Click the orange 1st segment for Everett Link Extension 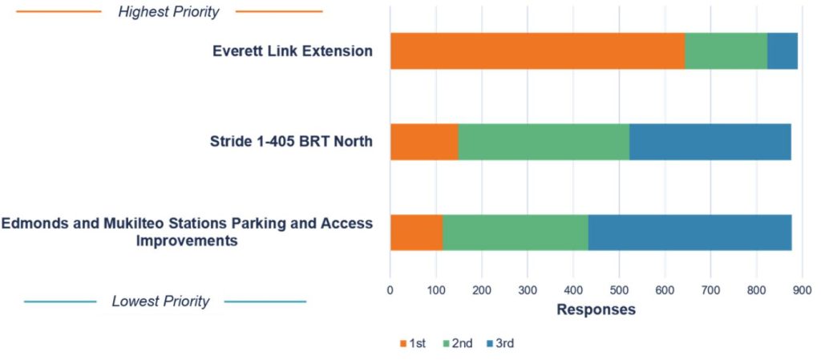(x=537, y=51)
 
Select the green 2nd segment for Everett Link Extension (x=726, y=51)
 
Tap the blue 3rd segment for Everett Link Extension (x=783, y=51)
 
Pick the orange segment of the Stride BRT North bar (x=424, y=142)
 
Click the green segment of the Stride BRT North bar (x=544, y=142)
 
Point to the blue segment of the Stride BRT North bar (x=710, y=142)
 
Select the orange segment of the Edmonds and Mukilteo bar (x=416, y=233)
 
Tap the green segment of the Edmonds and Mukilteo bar (x=516, y=233)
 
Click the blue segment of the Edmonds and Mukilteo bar (x=690, y=233)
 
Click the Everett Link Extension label (x=293, y=51)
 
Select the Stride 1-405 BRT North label (x=292, y=142)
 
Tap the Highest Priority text (x=168, y=12)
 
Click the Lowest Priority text (x=160, y=301)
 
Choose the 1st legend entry (x=413, y=343)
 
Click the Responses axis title (x=596, y=309)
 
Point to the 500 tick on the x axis (x=619, y=289)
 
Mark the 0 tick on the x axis (x=390, y=289)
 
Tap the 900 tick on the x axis (x=802, y=289)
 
